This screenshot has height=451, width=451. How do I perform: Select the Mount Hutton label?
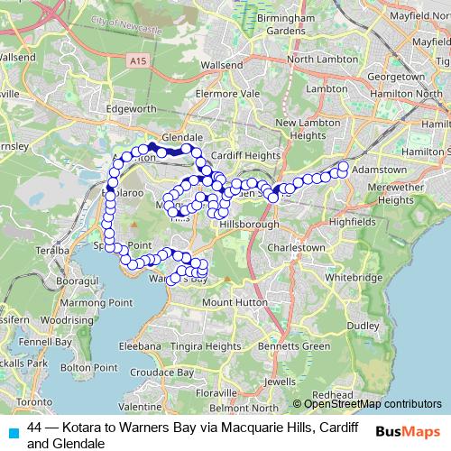pos(230,303)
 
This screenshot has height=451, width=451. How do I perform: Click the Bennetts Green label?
pos(291,345)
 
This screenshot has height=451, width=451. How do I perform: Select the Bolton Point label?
pos(94,367)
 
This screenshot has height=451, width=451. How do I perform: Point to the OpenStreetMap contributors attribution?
pos(366,404)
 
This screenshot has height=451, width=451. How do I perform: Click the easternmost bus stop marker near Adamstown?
pos(344,165)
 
